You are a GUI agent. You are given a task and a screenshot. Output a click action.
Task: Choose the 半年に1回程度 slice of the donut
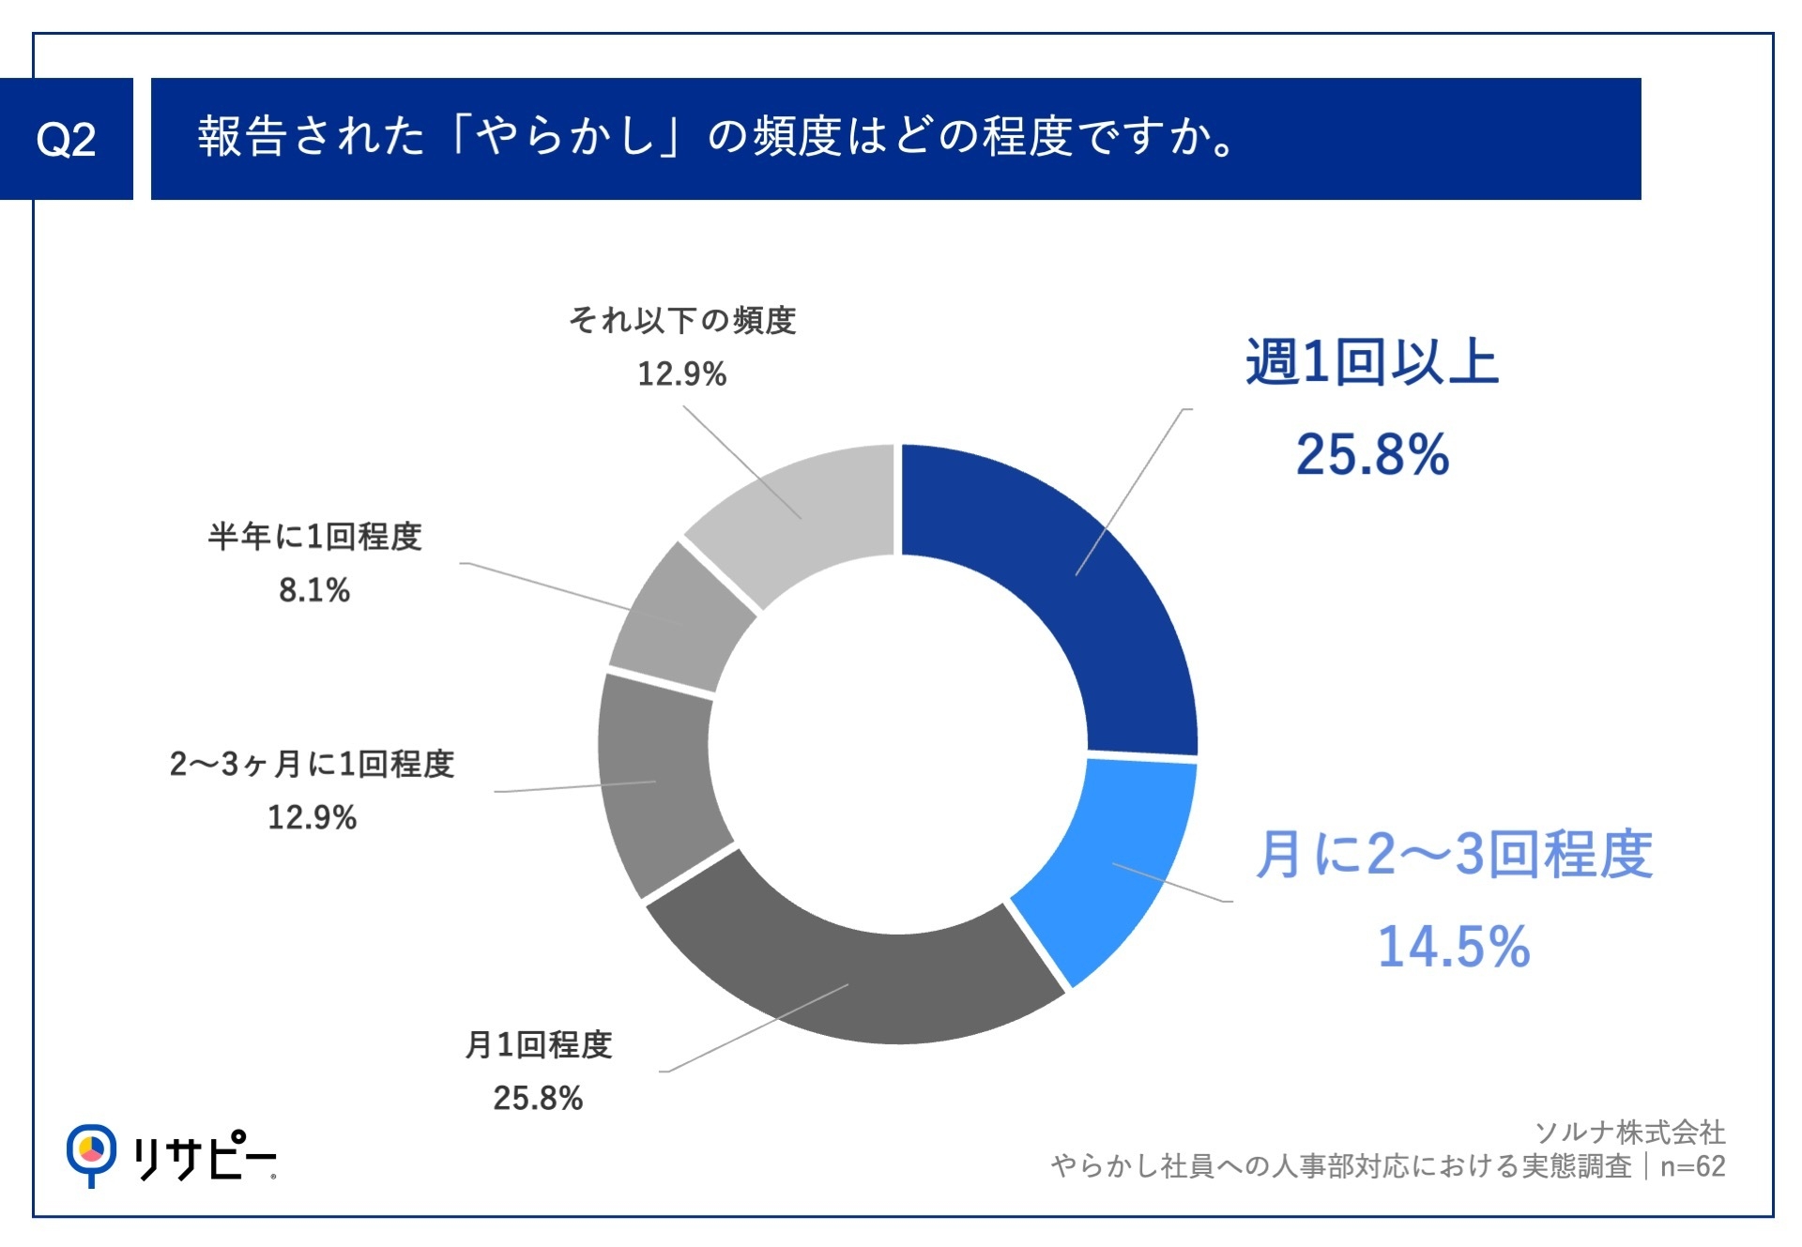(x=680, y=619)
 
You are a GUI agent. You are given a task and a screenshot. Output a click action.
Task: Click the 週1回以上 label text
(x=1371, y=362)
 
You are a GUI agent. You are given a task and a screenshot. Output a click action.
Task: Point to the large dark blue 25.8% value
(x=1371, y=455)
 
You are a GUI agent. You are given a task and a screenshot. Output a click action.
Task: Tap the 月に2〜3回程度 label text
(x=1454, y=854)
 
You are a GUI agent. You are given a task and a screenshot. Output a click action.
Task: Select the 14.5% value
(x=1454, y=946)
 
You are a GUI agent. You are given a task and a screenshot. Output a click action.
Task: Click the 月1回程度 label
(x=539, y=1044)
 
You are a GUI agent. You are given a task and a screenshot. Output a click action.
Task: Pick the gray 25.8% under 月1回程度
(x=539, y=1098)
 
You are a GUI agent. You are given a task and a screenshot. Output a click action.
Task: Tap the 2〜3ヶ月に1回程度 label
(x=312, y=764)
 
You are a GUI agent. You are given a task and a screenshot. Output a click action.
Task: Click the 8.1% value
(x=314, y=590)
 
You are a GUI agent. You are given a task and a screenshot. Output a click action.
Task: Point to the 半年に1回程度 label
(x=314, y=537)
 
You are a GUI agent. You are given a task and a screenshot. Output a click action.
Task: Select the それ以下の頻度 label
(x=682, y=321)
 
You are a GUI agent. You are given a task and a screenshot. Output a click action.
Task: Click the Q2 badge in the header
(x=66, y=140)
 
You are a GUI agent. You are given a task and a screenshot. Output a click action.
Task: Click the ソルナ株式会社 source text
(x=1629, y=1133)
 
